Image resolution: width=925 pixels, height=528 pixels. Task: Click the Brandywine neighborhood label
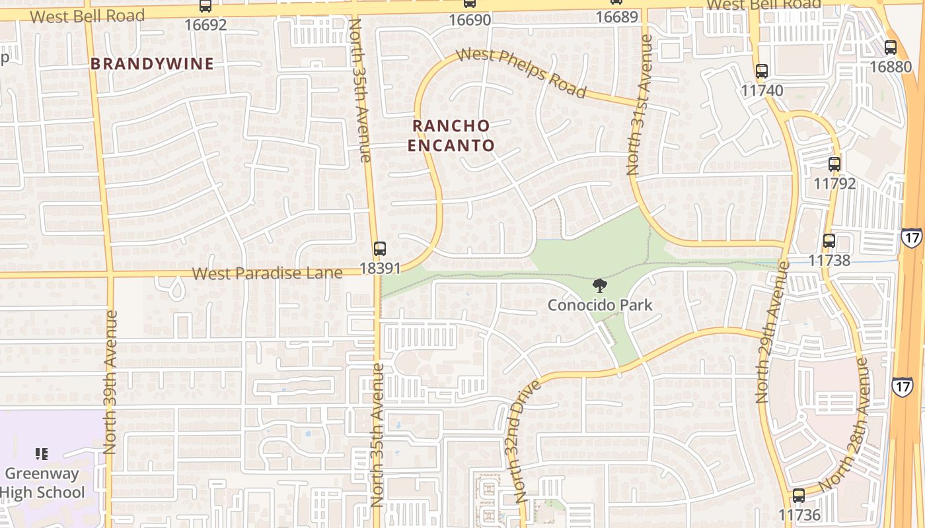pyautogui.click(x=152, y=64)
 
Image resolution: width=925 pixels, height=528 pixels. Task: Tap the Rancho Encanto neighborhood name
pyautogui.click(x=451, y=135)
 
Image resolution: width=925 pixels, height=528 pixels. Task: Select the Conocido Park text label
pyautogui.click(x=600, y=305)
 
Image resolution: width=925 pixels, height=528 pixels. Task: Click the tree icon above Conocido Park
pyautogui.click(x=600, y=286)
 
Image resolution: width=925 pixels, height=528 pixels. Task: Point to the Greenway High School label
pyautogui.click(x=42, y=483)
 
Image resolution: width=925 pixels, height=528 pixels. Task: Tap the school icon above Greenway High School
pyautogui.click(x=42, y=454)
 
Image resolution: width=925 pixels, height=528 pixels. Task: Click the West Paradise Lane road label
pyautogui.click(x=268, y=273)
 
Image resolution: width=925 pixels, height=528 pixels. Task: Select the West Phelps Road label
pyautogui.click(x=521, y=73)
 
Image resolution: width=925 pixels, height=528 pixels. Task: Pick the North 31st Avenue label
pyautogui.click(x=640, y=106)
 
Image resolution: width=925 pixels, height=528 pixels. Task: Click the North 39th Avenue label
pyautogui.click(x=110, y=381)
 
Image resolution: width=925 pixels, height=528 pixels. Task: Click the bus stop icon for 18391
pyautogui.click(x=379, y=249)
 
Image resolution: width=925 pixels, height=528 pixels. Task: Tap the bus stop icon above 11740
pyautogui.click(x=762, y=71)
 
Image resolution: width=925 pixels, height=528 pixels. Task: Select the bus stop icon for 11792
pyautogui.click(x=834, y=164)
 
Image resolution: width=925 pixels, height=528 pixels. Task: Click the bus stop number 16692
pyautogui.click(x=205, y=25)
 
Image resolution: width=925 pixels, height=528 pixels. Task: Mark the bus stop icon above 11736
pyautogui.click(x=799, y=495)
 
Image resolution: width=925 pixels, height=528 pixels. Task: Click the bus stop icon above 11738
pyautogui.click(x=829, y=241)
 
